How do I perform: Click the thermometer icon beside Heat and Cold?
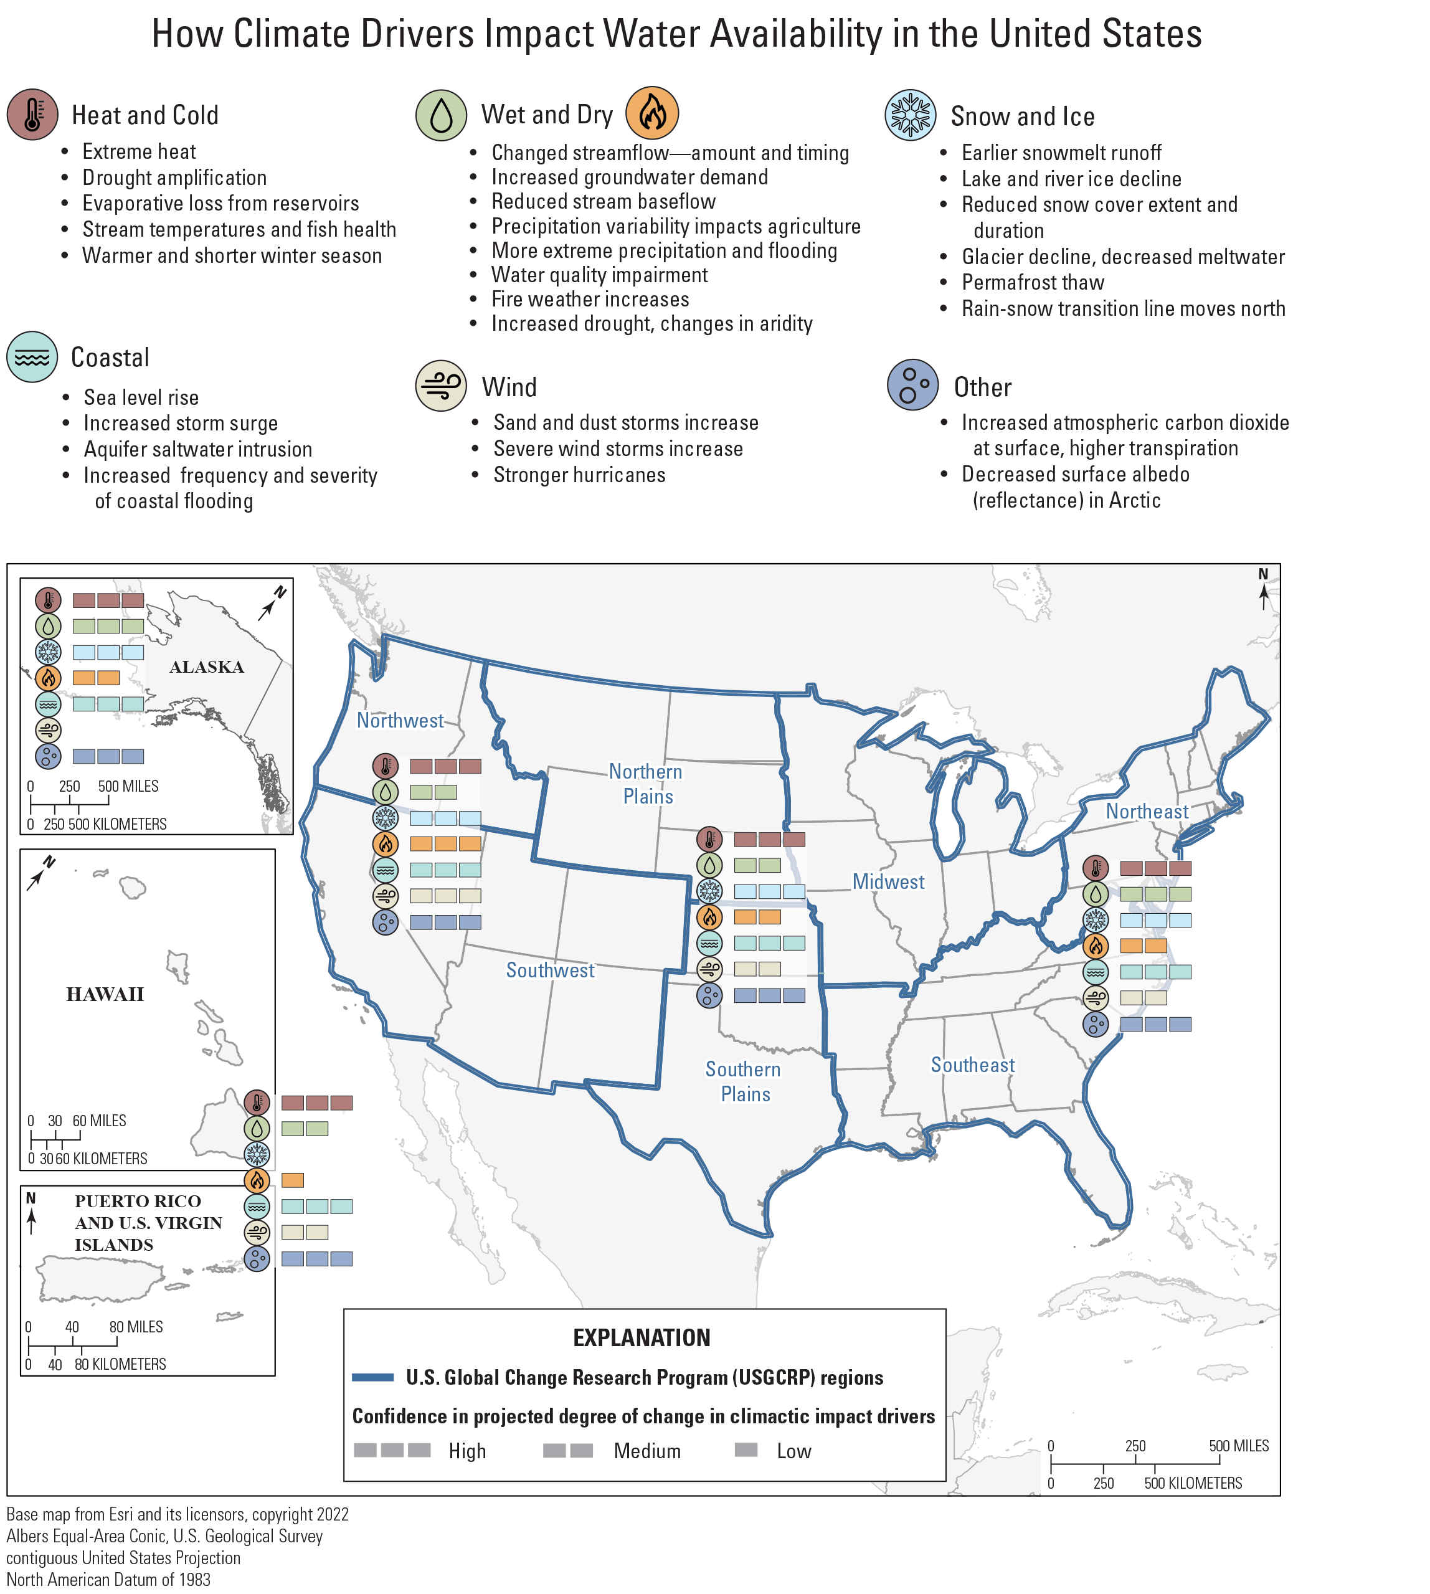pos(32,115)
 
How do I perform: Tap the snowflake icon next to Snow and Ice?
pos(910,115)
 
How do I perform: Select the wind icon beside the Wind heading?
pos(441,385)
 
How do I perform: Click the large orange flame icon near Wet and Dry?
pos(651,113)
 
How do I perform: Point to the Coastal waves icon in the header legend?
pos(32,357)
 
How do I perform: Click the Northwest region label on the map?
pos(400,721)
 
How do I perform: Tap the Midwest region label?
pos(888,881)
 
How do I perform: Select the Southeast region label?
pos(973,1065)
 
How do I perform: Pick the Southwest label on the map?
pos(550,970)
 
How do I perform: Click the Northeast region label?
pos(1147,812)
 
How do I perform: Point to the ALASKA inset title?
pos(207,667)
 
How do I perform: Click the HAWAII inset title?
pos(105,995)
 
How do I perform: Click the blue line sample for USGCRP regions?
pos(372,1377)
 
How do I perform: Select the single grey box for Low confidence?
pos(746,1449)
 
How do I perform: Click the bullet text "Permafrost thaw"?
pos(1033,282)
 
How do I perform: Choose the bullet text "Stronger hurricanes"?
pos(579,475)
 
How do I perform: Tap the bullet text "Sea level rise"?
pos(141,397)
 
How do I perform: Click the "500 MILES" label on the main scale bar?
pos(1238,1446)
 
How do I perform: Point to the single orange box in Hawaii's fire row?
pos(292,1180)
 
